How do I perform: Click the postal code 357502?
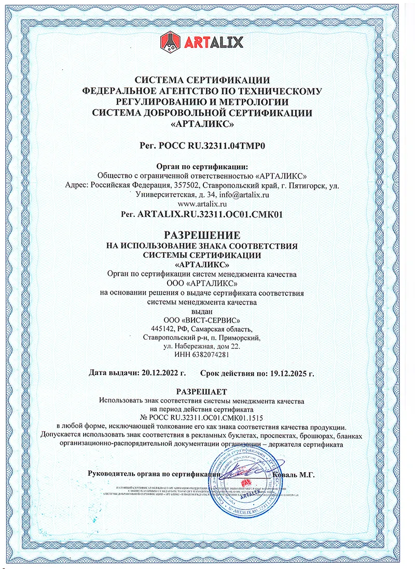point(186,185)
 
